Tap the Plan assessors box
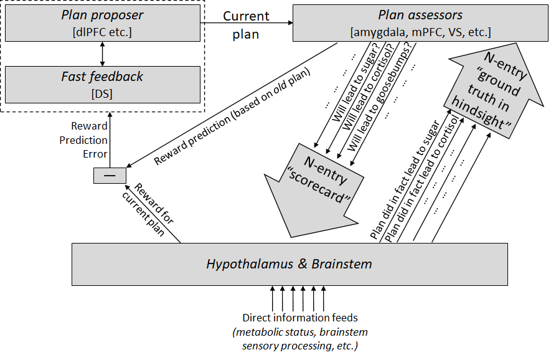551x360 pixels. click(420, 22)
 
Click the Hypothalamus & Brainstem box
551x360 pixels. click(290, 264)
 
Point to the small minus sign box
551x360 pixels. click(109, 176)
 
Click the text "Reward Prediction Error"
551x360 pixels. click(84, 140)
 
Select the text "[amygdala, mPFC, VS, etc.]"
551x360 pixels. click(420, 31)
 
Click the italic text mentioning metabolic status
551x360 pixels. click(300, 338)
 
